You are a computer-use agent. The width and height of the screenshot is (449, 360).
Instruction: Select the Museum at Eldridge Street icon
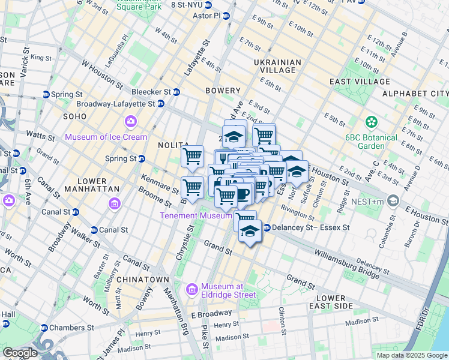point(193,290)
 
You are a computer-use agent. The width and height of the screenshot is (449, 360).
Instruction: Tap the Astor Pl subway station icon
point(226,16)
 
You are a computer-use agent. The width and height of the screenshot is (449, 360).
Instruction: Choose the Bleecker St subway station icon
point(176,92)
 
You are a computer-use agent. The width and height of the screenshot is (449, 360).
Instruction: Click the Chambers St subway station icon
point(44,328)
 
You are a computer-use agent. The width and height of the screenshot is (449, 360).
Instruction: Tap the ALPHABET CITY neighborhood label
point(415,94)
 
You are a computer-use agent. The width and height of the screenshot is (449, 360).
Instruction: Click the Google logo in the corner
point(20,353)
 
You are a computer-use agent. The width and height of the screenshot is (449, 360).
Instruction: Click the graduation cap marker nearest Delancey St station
point(249,230)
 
